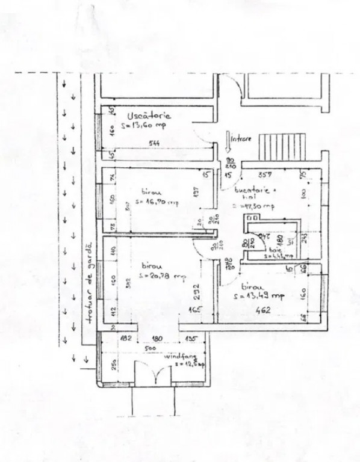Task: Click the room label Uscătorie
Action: tap(149, 115)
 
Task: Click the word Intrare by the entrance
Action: tap(241, 137)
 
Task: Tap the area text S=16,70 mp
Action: tap(156, 202)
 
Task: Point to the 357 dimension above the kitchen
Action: tap(264, 175)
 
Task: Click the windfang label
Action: tap(176, 356)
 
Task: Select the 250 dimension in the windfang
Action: tap(112, 367)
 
